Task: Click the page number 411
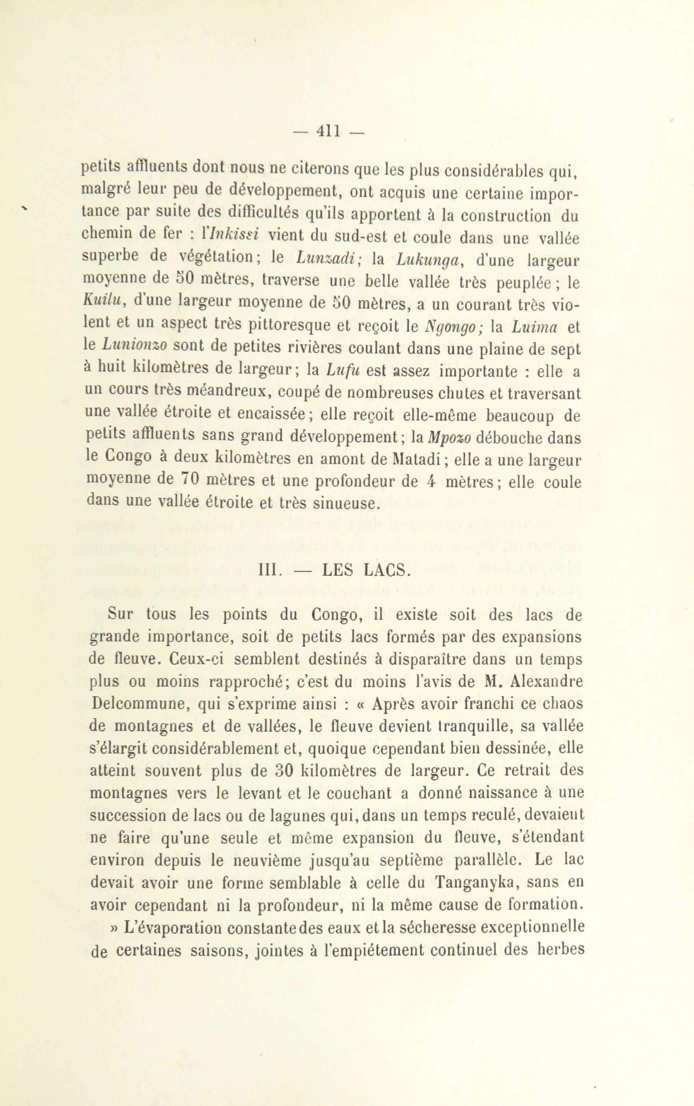[x=328, y=132]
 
